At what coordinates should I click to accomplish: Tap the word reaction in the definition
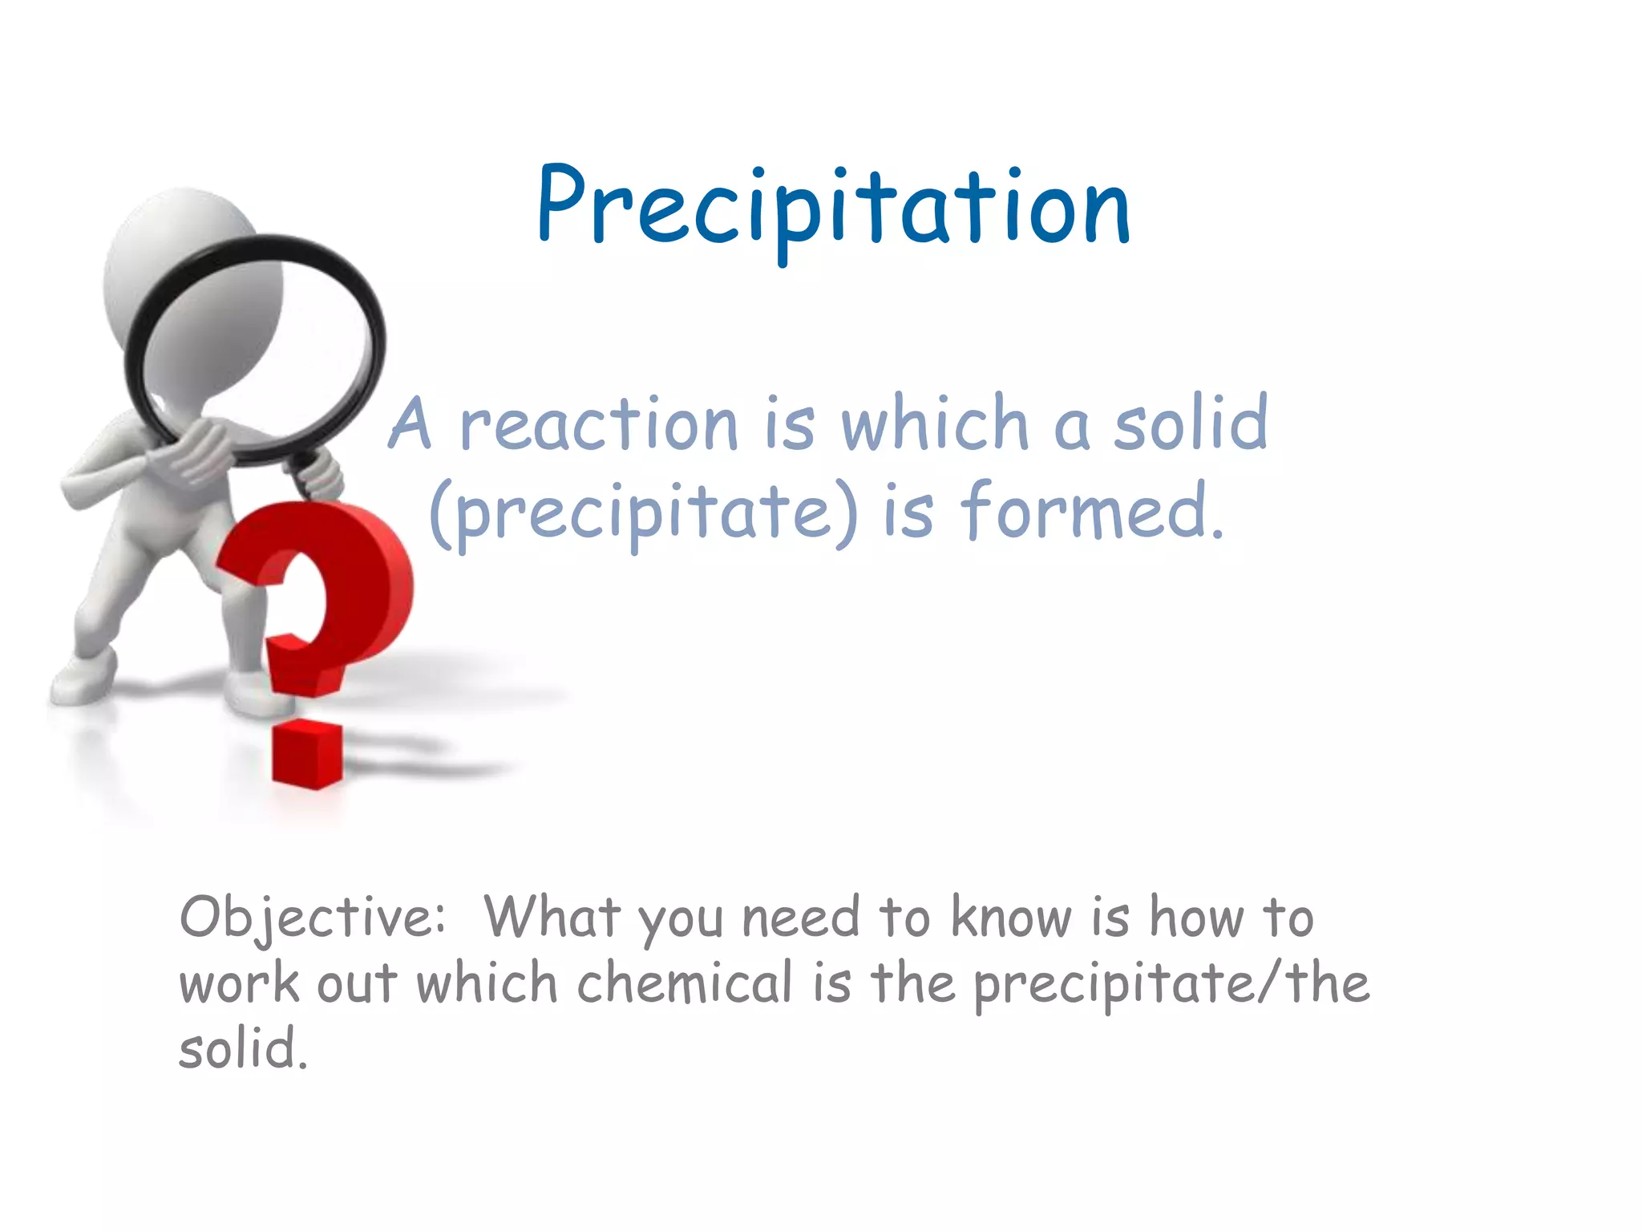pyautogui.click(x=598, y=425)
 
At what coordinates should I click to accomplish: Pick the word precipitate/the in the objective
pyautogui.click(x=1171, y=985)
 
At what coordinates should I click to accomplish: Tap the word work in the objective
pyautogui.click(x=239, y=985)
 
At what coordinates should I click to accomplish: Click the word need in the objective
pyautogui.click(x=800, y=918)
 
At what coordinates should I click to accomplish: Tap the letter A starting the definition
pyautogui.click(x=411, y=425)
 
